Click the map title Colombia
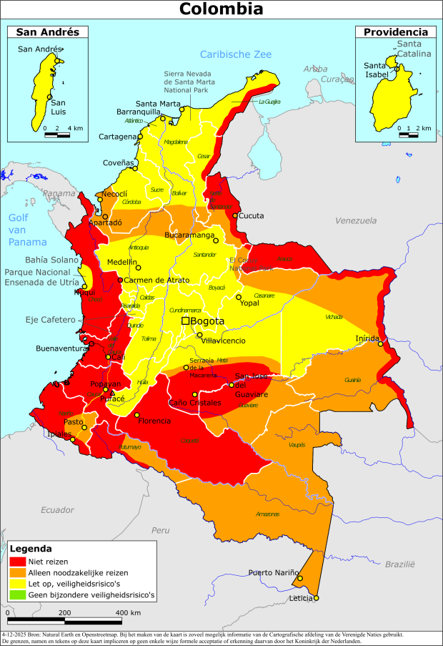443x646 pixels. [x=221, y=9]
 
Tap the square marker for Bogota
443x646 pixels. [x=186, y=322]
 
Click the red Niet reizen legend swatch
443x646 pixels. [x=18, y=562]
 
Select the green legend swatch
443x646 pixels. [x=18, y=594]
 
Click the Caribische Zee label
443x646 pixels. [x=236, y=54]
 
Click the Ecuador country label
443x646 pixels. [x=57, y=509]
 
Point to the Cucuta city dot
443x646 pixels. [x=235, y=215]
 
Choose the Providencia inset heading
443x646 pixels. [x=396, y=31]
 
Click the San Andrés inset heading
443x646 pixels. [x=47, y=31]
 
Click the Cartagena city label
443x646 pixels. [x=118, y=137]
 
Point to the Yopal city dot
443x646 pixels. [x=239, y=297]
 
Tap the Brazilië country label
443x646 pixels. [x=400, y=564]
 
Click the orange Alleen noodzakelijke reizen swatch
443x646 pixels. [x=18, y=573]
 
